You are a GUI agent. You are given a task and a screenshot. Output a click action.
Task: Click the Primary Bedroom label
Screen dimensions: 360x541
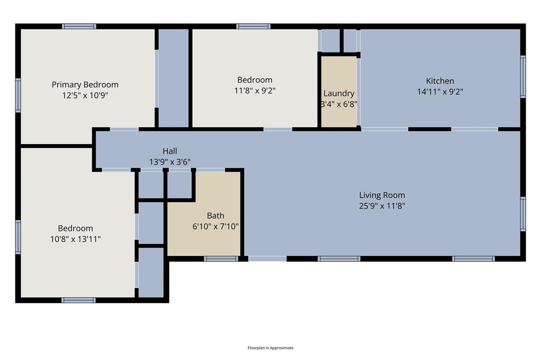click(x=85, y=84)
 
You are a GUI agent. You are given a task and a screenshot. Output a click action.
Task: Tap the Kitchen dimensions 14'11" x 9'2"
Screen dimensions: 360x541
click(x=440, y=91)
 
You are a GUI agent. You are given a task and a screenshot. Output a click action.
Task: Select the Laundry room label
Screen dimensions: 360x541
click(x=339, y=93)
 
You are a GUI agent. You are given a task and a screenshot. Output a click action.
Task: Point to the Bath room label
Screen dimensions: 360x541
click(x=216, y=215)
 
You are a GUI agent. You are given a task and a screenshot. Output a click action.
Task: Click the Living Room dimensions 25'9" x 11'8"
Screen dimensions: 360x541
click(x=382, y=206)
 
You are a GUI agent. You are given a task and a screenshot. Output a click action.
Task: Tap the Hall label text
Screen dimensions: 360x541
click(x=170, y=151)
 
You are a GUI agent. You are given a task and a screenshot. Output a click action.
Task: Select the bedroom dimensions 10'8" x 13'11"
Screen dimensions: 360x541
click(x=76, y=239)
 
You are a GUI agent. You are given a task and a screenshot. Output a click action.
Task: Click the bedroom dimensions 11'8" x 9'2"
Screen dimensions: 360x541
click(x=255, y=91)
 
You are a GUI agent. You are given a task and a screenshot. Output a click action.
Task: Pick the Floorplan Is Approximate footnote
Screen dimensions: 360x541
click(x=270, y=348)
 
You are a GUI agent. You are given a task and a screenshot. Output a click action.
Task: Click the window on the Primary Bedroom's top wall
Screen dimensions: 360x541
click(x=79, y=26)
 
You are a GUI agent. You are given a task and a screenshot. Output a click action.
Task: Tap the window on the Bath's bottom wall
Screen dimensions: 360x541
click(x=221, y=259)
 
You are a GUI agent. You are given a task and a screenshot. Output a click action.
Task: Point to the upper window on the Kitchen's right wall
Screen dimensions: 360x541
click(x=523, y=77)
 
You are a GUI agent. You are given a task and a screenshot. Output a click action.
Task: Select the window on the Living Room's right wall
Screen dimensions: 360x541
click(x=523, y=214)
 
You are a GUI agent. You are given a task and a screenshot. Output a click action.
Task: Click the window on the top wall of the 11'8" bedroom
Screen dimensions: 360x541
click(x=253, y=26)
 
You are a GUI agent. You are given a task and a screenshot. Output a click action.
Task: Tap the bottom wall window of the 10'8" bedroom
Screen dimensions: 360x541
click(x=78, y=300)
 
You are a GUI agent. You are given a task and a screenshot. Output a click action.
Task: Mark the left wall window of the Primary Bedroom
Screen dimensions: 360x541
click(x=18, y=95)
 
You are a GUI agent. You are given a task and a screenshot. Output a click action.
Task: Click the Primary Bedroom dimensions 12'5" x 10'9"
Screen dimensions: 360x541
click(x=85, y=96)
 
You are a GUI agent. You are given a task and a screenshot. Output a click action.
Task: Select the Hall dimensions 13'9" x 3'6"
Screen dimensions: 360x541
click(x=170, y=162)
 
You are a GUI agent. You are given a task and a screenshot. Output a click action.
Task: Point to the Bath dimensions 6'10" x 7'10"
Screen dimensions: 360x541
click(x=216, y=226)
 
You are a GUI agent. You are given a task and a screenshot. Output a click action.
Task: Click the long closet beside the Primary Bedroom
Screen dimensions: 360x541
click(x=173, y=78)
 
